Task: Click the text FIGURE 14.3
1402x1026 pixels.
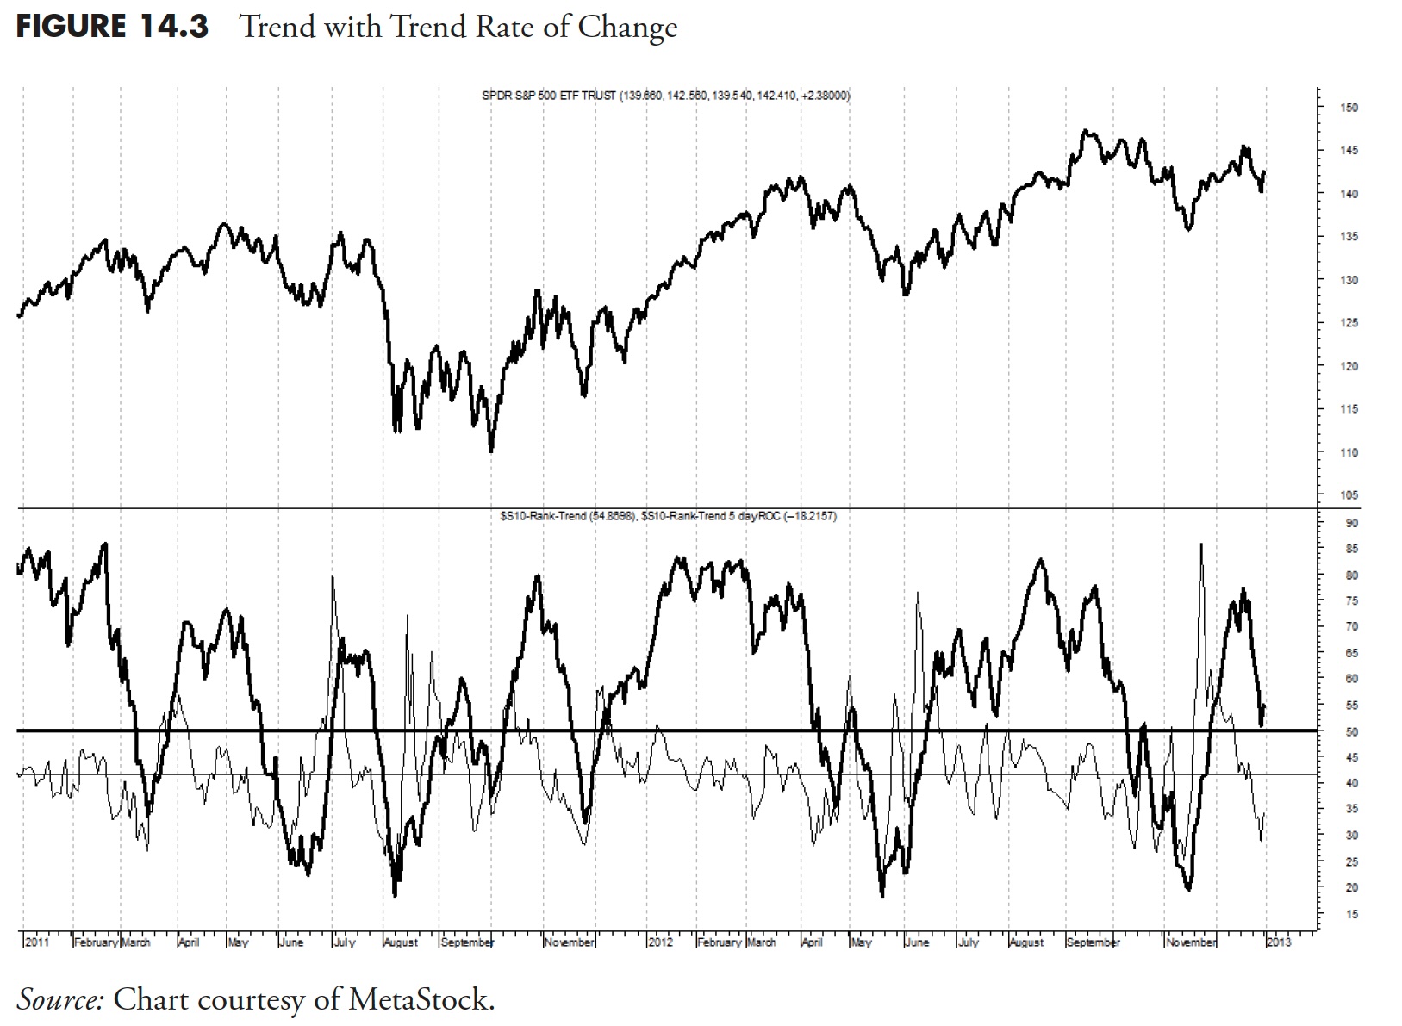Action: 112,27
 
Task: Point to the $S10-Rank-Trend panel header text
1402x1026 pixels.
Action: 668,516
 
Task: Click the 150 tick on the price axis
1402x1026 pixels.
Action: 1349,108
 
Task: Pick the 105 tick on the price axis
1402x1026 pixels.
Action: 1349,495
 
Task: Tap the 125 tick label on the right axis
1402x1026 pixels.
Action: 1349,323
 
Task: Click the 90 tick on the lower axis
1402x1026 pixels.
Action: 1350,523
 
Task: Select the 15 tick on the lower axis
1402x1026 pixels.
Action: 1350,914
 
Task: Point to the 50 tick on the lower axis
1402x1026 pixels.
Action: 1350,731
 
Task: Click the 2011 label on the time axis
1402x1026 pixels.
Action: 37,942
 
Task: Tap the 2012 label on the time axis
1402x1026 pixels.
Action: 660,942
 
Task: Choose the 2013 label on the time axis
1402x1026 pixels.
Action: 1279,942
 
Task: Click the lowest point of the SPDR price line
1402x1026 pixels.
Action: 491,451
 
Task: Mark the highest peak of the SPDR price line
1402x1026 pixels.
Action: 1086,131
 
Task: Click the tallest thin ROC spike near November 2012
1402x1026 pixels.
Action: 1201,544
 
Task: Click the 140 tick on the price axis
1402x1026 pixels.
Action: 1349,194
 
